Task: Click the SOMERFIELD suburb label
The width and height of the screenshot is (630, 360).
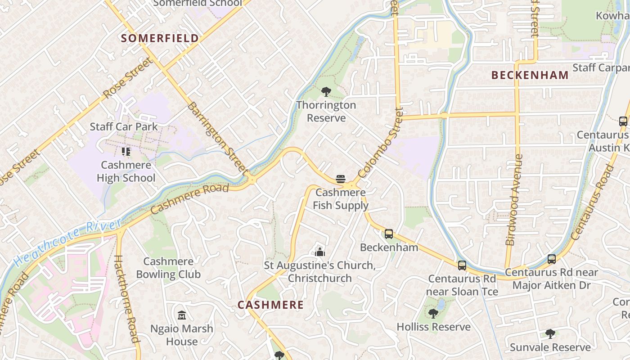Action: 160,38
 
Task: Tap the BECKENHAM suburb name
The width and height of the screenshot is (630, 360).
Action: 530,75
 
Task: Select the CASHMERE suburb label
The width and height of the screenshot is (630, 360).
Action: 270,305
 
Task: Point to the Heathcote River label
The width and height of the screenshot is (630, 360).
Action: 67,242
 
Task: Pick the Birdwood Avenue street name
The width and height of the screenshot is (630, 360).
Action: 514,200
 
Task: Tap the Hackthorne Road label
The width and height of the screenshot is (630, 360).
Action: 126,299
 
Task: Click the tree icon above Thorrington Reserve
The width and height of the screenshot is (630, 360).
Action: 326,92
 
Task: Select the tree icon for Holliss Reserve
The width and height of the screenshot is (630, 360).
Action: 433,313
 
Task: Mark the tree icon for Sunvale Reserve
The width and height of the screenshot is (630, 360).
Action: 550,334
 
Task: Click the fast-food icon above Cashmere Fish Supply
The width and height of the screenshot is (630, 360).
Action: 341,179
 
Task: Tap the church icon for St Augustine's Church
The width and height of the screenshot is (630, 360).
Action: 320,252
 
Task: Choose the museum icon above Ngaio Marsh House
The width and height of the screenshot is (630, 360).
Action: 182,315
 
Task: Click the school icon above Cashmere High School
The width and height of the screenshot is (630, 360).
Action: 126,152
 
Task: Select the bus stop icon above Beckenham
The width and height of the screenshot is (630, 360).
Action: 389,234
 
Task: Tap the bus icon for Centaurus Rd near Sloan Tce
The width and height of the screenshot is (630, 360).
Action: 462,265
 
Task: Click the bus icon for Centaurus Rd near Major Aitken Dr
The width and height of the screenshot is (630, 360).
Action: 552,259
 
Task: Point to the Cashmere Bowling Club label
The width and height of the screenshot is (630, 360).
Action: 168,268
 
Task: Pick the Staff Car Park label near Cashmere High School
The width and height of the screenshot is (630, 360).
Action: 124,126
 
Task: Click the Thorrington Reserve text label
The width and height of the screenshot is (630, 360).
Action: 326,112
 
